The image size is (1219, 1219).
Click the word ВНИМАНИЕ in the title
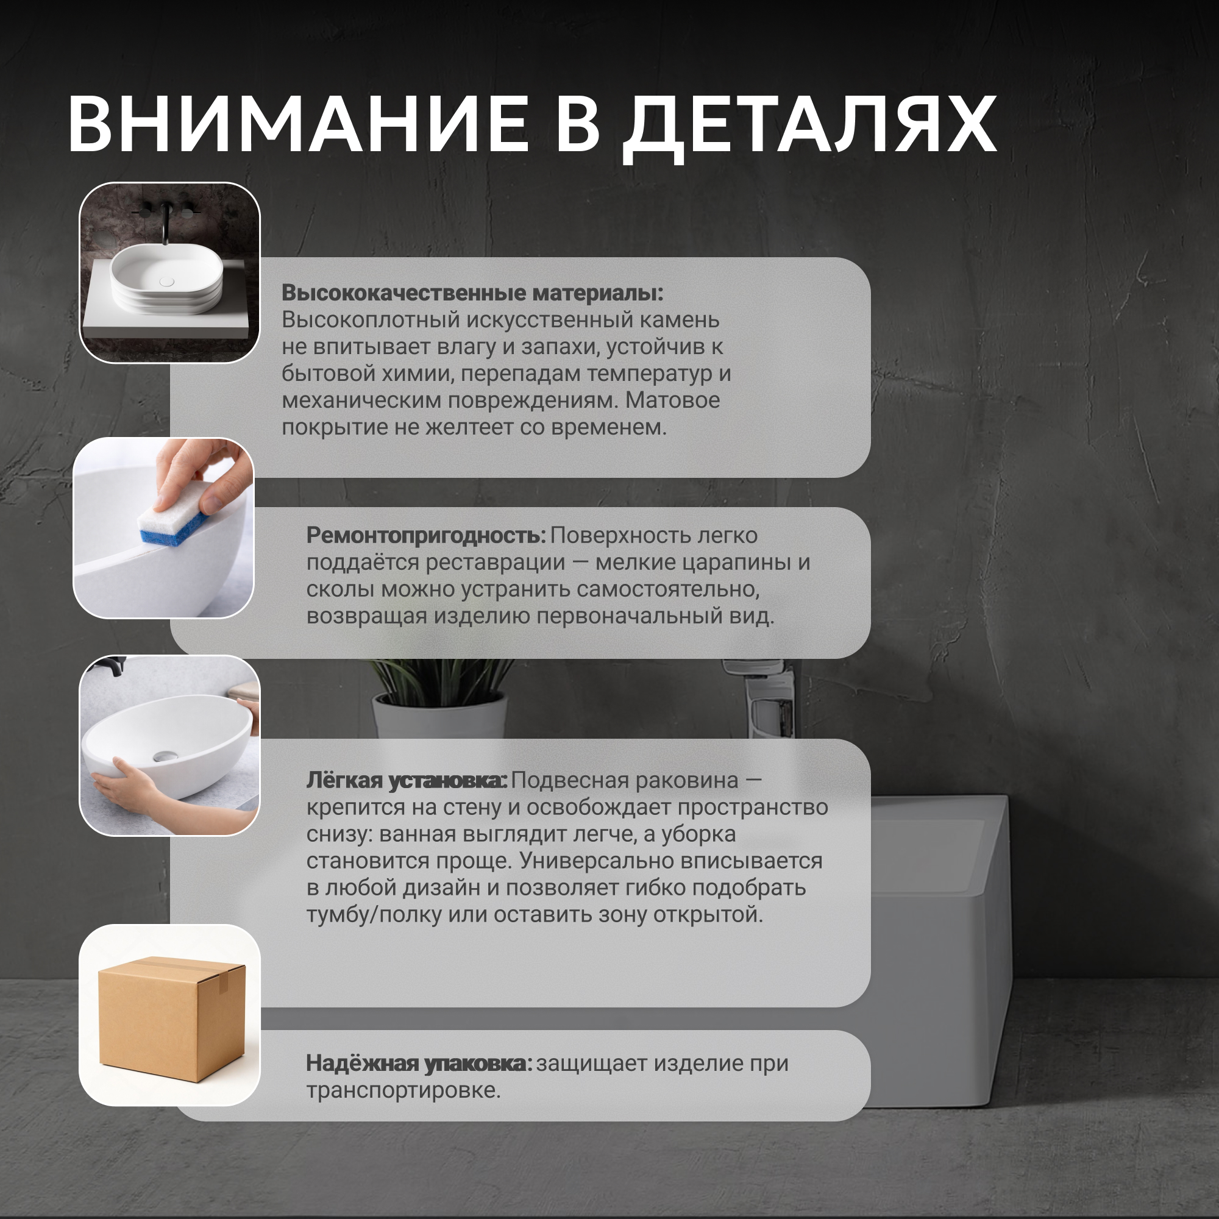click(298, 124)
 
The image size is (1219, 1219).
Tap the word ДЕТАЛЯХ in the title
click(809, 128)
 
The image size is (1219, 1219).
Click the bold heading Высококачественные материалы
click(472, 293)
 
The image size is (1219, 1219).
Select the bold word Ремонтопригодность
click(426, 535)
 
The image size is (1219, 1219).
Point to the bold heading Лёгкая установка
click(407, 781)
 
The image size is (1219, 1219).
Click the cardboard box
click(172, 1018)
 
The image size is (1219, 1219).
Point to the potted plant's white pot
click(441, 716)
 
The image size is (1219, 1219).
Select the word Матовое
click(673, 400)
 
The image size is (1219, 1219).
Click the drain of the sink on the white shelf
click(166, 282)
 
